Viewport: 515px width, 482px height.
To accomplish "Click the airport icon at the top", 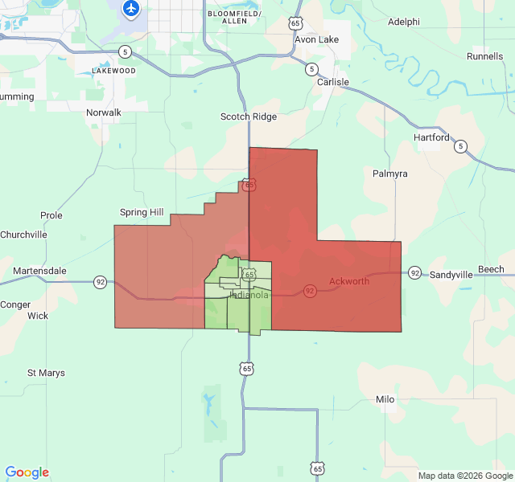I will [130, 9].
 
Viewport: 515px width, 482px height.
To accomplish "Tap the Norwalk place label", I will [104, 113].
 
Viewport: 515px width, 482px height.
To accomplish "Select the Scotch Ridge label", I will [249, 116].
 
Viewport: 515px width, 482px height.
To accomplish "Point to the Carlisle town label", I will [333, 83].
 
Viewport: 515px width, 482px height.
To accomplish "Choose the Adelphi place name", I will [404, 22].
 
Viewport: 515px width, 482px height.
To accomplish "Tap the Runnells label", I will [485, 56].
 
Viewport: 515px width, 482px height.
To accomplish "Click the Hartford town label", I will [431, 137].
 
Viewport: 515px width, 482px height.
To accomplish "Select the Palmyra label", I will [390, 174].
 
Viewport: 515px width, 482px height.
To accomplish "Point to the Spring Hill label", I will [142, 212].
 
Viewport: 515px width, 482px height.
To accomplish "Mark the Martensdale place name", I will [39, 271].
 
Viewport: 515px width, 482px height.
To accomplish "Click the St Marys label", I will [46, 373].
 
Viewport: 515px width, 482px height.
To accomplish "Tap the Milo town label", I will [385, 399].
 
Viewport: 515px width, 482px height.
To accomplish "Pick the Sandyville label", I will [451, 275].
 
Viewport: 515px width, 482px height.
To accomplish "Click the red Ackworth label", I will [349, 281].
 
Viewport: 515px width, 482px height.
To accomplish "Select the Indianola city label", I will [249, 295].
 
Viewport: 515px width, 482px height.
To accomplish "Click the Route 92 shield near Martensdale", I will [101, 282].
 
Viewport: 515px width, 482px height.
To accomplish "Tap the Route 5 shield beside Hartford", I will [460, 146].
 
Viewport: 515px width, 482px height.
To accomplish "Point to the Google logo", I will [27, 472].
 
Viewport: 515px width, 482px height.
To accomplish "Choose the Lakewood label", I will [113, 71].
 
